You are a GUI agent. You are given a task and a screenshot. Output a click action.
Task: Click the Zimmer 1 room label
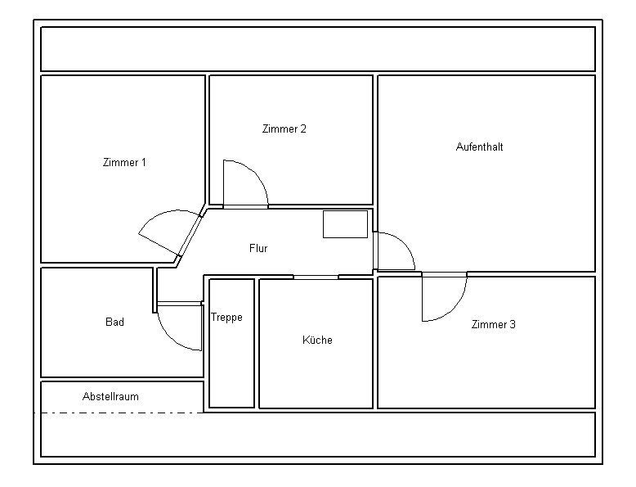tap(124, 162)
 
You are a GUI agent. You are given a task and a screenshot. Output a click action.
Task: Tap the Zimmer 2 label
tap(284, 129)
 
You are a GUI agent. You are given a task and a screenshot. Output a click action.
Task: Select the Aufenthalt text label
tap(479, 147)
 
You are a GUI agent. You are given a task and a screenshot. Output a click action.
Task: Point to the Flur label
tap(258, 248)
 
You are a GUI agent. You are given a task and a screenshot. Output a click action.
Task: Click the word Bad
tap(114, 322)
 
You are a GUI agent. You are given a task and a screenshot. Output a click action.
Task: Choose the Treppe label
tap(226, 318)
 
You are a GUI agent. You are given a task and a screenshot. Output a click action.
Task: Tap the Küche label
tap(318, 340)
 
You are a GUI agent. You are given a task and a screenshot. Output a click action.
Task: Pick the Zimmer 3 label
tap(493, 325)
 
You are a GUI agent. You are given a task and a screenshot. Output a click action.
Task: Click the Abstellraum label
tap(110, 396)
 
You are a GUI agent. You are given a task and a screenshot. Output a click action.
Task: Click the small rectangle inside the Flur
tap(345, 224)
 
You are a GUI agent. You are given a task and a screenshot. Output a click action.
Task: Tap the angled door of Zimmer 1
tap(190, 236)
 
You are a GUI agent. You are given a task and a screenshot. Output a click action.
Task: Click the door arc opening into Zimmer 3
tap(455, 309)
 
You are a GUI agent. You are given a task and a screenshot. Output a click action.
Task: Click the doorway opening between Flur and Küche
tap(316, 277)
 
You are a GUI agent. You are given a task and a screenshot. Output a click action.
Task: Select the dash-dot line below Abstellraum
tap(118, 413)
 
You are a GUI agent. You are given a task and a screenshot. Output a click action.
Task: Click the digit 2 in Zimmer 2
tap(303, 129)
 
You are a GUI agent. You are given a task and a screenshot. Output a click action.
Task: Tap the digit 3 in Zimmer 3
tap(513, 325)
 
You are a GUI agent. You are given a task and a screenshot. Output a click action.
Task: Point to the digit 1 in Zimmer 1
tap(143, 162)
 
